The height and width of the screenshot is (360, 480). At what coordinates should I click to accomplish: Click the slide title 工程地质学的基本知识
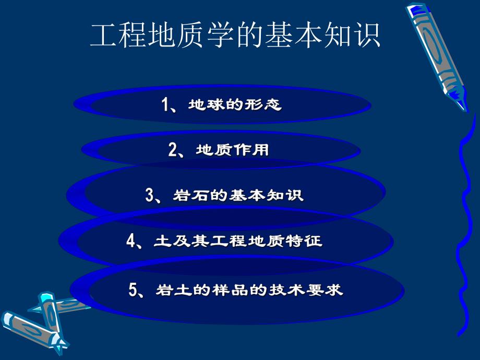[x=235, y=35]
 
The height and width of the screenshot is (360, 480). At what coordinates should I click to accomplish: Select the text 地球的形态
[x=230, y=105]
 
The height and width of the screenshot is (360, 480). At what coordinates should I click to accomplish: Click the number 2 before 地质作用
[x=173, y=151]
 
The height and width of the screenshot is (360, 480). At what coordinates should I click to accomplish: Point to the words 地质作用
[x=232, y=151]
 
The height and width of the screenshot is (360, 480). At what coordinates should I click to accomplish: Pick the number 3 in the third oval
[x=150, y=196]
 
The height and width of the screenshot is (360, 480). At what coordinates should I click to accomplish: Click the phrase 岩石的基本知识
[x=237, y=196]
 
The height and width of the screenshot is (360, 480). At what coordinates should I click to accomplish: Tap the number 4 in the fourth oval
[x=131, y=241]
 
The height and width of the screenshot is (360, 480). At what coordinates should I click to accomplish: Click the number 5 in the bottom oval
[x=133, y=290]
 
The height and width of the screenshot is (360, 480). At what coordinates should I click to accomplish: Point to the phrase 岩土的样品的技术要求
[x=249, y=290]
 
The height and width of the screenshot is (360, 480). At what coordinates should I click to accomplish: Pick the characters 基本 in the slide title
[x=293, y=35]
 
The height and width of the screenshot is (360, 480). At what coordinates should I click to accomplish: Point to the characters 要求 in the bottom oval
[x=328, y=290]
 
